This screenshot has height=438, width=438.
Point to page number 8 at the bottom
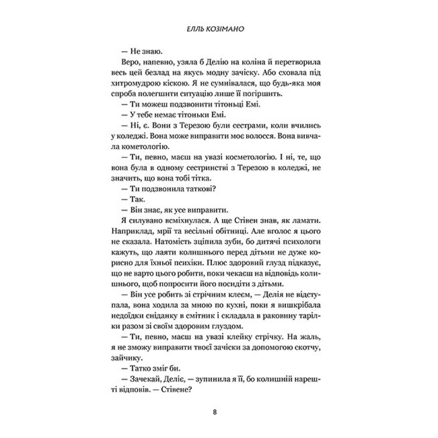[214, 412]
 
